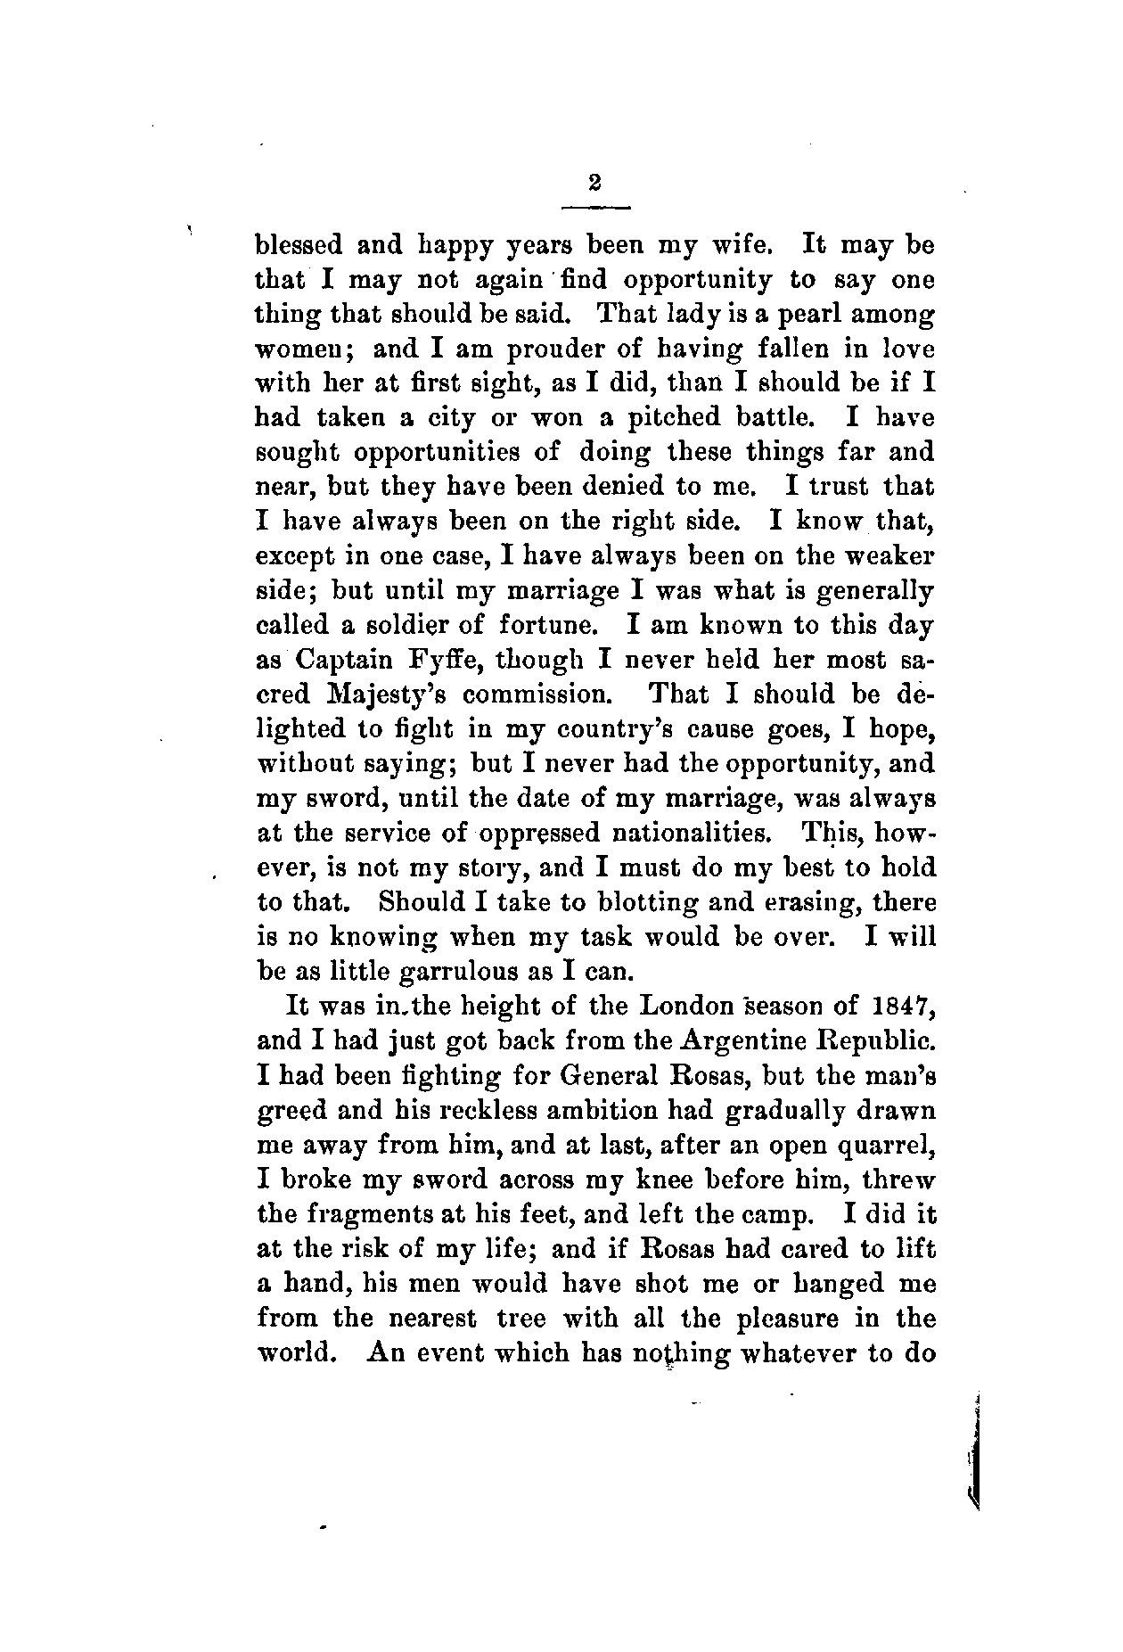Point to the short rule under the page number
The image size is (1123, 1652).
click(x=595, y=208)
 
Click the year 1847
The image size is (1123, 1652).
click(x=899, y=1006)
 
